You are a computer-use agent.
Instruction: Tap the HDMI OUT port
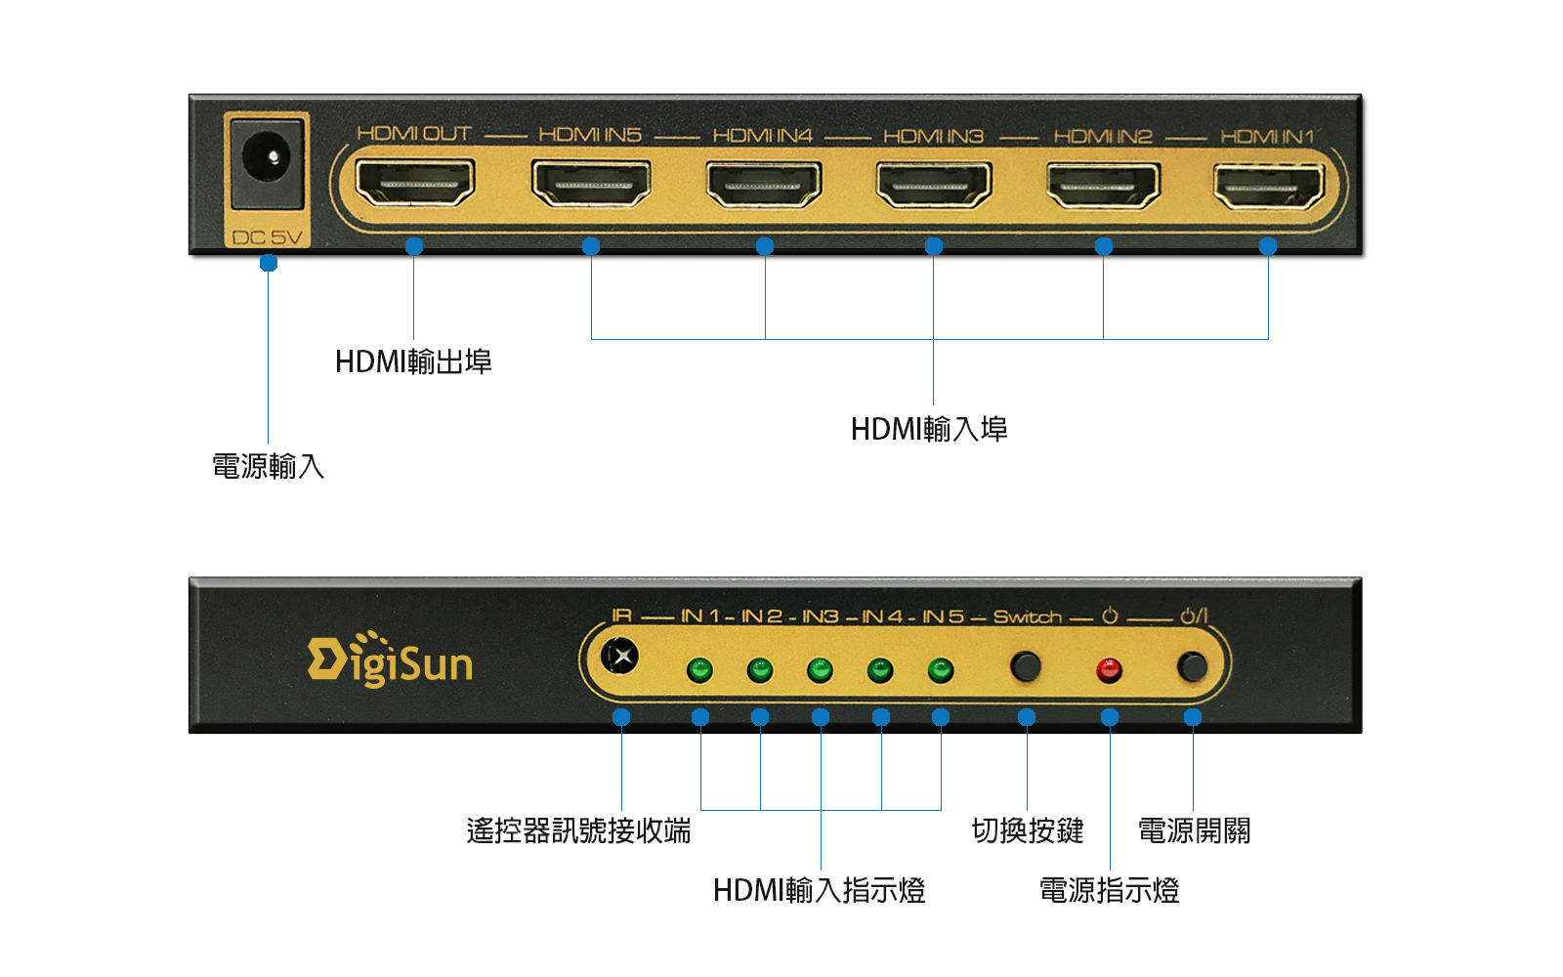click(x=415, y=182)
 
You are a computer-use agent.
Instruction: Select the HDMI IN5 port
click(x=591, y=184)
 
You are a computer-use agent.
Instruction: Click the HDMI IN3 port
click(x=934, y=185)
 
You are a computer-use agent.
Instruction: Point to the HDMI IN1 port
click(x=1269, y=187)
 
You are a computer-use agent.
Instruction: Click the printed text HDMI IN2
click(x=1103, y=136)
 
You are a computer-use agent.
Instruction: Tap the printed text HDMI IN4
click(x=763, y=135)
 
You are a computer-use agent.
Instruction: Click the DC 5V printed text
click(x=268, y=237)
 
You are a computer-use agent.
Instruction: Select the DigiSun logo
click(x=390, y=659)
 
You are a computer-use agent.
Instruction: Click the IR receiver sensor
click(x=619, y=656)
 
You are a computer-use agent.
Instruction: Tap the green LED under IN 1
click(x=699, y=670)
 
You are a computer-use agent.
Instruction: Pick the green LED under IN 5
click(x=940, y=670)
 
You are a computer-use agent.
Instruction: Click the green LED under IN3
click(x=820, y=670)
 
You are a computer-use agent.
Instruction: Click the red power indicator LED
click(x=1109, y=670)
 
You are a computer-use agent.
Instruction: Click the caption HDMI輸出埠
click(x=413, y=361)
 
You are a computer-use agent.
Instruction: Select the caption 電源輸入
click(x=268, y=466)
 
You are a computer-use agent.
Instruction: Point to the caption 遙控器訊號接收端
click(x=578, y=830)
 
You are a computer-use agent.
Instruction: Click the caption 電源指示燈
click(x=1110, y=890)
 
